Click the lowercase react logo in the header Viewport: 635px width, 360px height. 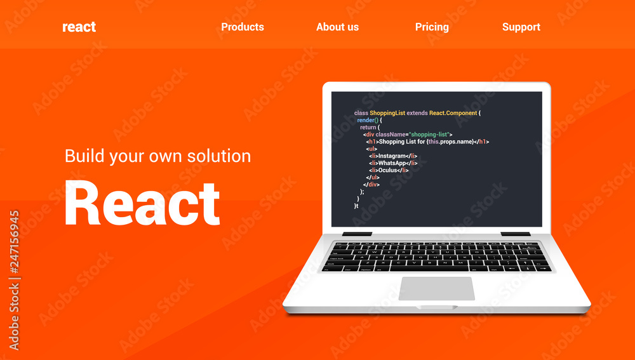click(79, 27)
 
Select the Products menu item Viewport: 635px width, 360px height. click(243, 27)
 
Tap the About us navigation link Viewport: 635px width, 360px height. click(337, 27)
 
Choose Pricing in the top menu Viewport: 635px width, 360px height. click(432, 27)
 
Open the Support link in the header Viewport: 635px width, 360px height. click(521, 27)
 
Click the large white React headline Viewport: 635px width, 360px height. click(142, 203)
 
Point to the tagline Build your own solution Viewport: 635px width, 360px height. click(157, 156)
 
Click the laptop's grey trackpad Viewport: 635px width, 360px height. click(437, 288)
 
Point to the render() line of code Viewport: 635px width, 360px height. click(368, 120)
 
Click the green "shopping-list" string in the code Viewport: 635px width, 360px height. click(429, 135)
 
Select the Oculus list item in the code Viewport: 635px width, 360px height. click(389, 170)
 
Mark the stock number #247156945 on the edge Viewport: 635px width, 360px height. click(14, 279)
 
